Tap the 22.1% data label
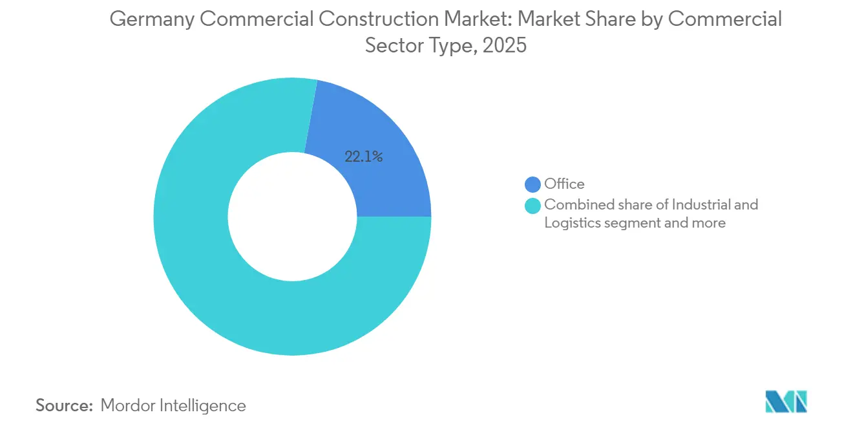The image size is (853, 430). (364, 156)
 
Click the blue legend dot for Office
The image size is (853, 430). (533, 184)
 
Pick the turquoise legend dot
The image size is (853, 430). (533, 206)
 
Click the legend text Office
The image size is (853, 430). (564, 184)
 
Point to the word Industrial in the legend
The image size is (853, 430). (702, 205)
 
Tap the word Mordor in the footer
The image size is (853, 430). (127, 405)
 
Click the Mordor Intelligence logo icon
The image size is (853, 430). (786, 402)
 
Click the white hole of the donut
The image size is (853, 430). (292, 217)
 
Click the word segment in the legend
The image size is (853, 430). (631, 223)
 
